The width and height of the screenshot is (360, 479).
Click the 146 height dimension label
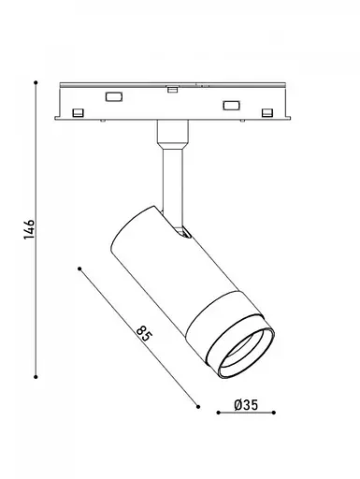[29, 229]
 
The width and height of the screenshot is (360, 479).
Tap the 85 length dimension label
[144, 334]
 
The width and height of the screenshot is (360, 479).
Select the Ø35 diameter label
[246, 405]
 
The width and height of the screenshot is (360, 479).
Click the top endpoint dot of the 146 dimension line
[36, 82]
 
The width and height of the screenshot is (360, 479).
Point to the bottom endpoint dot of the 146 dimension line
[36, 377]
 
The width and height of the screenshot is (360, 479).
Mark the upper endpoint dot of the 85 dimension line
[79, 269]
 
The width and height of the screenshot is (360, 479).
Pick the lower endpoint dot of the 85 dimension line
[198, 406]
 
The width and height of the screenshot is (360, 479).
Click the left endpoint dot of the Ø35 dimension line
[219, 413]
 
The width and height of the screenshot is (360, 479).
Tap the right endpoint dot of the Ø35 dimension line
[273, 413]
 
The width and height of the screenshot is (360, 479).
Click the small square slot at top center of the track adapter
[172, 90]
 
